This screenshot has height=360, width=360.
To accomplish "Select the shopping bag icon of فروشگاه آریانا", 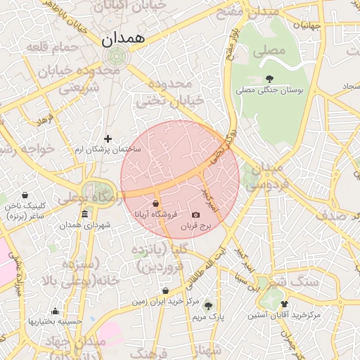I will [x=155, y=203].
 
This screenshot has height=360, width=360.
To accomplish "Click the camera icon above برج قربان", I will [x=195, y=214].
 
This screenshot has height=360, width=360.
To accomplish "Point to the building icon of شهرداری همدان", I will [x=84, y=214].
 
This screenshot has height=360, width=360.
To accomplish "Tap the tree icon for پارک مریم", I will [x=207, y=305].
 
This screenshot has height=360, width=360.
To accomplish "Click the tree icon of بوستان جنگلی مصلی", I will [x=269, y=79].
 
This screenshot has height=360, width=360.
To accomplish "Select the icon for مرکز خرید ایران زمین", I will [x=165, y=290].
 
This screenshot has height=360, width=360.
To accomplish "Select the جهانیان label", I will [x=307, y=25].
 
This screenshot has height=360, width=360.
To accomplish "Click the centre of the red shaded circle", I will [x=180, y=179].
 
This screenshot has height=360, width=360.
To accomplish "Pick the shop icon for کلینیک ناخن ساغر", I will [x=25, y=195].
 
